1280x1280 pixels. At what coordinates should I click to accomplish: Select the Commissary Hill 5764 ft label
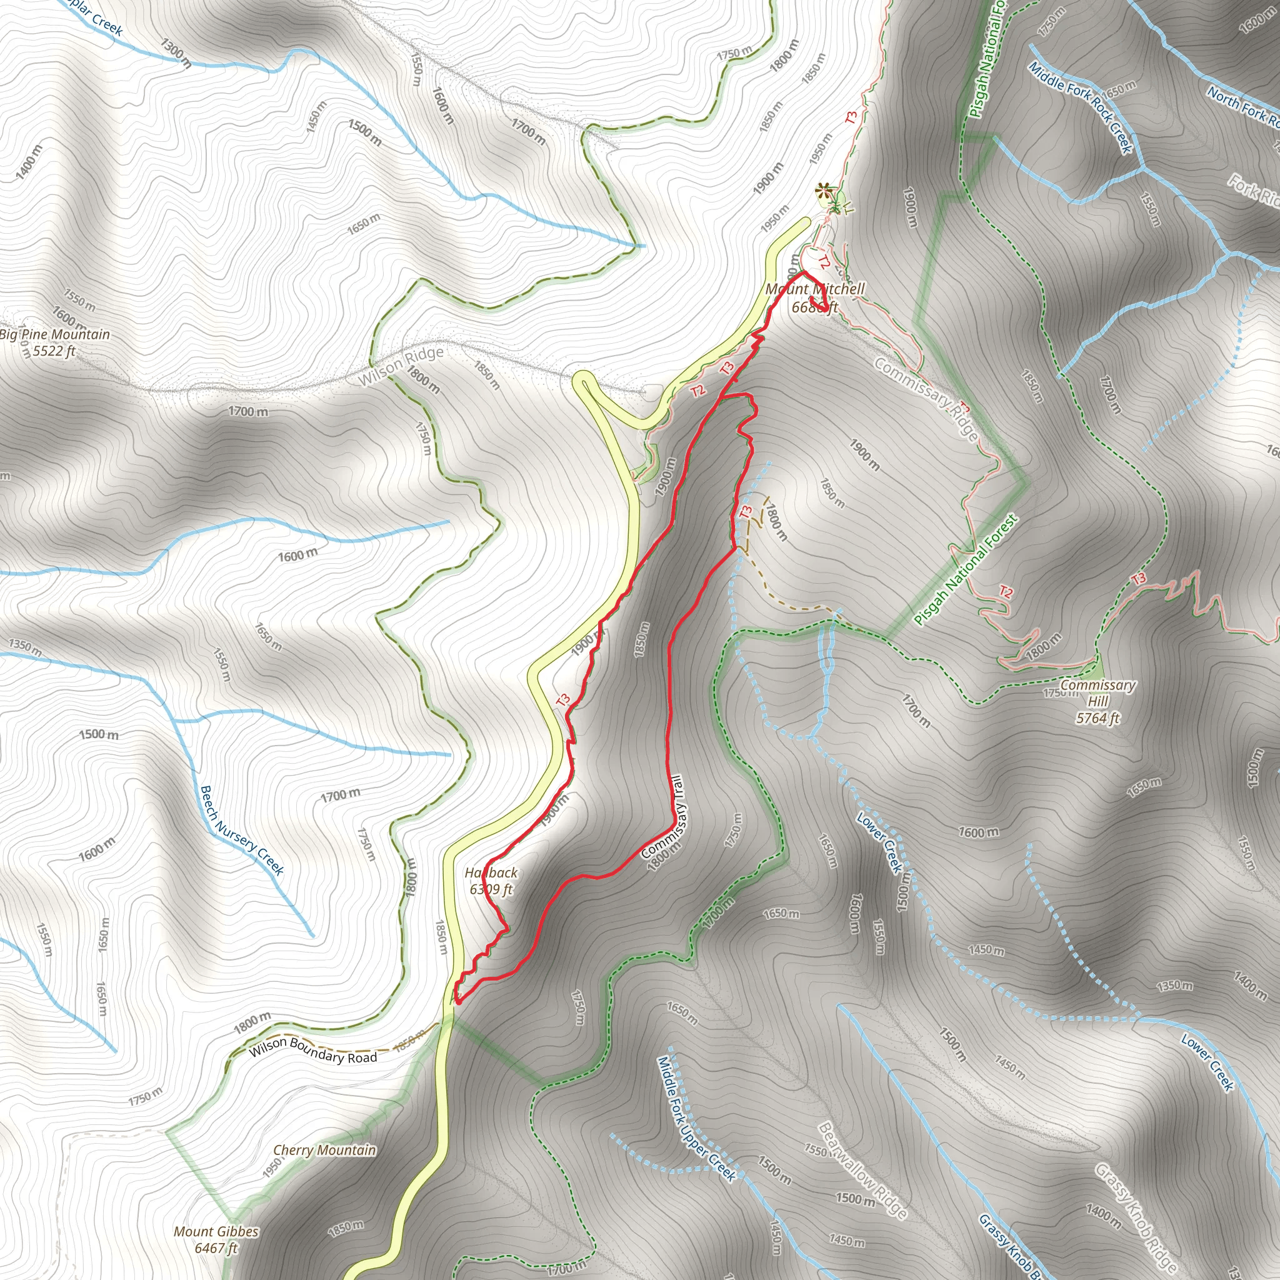point(1097,701)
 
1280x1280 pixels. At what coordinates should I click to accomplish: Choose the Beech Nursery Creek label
point(242,830)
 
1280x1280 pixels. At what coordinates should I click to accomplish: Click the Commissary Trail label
point(662,818)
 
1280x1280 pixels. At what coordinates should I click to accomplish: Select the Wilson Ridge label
point(401,366)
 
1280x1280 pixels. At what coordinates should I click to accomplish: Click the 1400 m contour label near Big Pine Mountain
point(29,161)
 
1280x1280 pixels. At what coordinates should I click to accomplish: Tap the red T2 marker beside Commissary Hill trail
point(1006,592)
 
